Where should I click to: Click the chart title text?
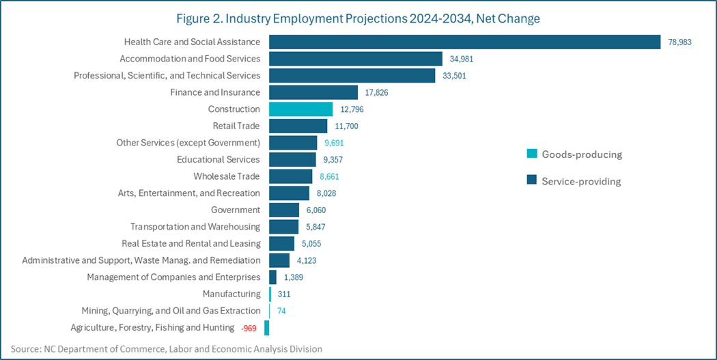click(x=358, y=18)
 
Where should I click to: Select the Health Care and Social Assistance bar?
click(x=464, y=42)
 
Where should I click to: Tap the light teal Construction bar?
click(x=300, y=109)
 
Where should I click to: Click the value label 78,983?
click(x=679, y=42)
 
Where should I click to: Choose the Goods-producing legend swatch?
click(x=531, y=154)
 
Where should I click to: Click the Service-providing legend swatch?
click(x=531, y=181)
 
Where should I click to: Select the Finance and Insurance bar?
click(x=313, y=92)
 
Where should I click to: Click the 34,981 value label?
click(x=462, y=59)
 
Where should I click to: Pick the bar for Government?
click(x=284, y=210)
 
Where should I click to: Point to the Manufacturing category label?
click(x=231, y=294)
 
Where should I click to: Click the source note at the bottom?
click(x=167, y=349)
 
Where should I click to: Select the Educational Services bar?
click(x=292, y=160)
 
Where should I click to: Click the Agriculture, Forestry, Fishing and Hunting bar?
click(x=267, y=328)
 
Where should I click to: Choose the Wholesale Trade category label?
click(x=226, y=176)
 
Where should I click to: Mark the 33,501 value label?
click(x=454, y=76)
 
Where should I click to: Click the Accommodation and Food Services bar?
click(x=356, y=59)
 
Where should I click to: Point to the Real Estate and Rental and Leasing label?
click(x=191, y=244)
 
